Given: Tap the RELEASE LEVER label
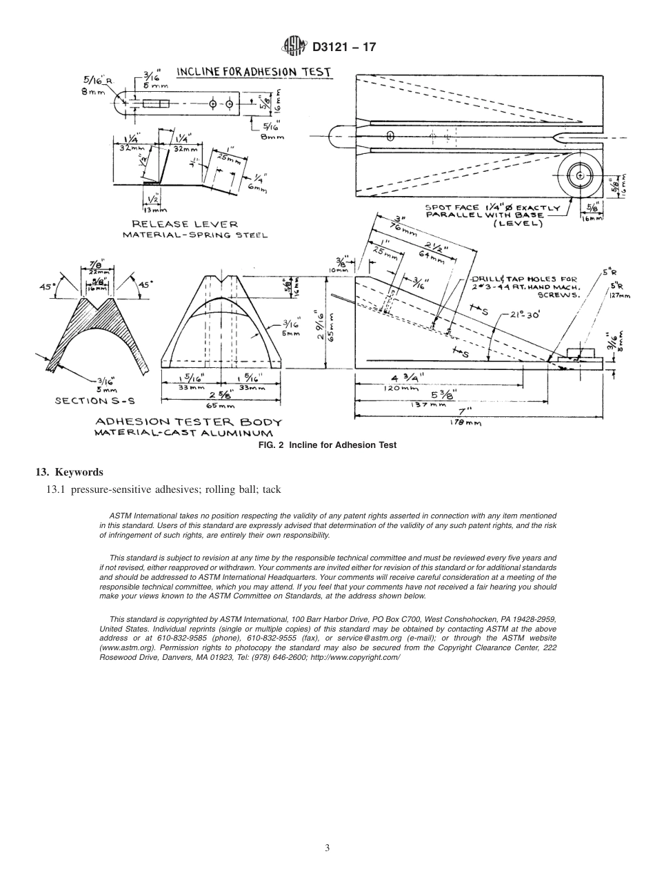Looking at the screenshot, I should [x=185, y=224].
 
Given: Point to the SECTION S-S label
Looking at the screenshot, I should [x=90, y=400].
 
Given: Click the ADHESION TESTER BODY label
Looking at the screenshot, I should [x=188, y=422].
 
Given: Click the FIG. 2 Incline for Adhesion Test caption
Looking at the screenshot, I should [x=327, y=445].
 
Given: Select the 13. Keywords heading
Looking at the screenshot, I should [x=69, y=472].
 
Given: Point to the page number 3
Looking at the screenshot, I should [x=327, y=848].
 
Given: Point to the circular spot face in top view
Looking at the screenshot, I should [x=580, y=176].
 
